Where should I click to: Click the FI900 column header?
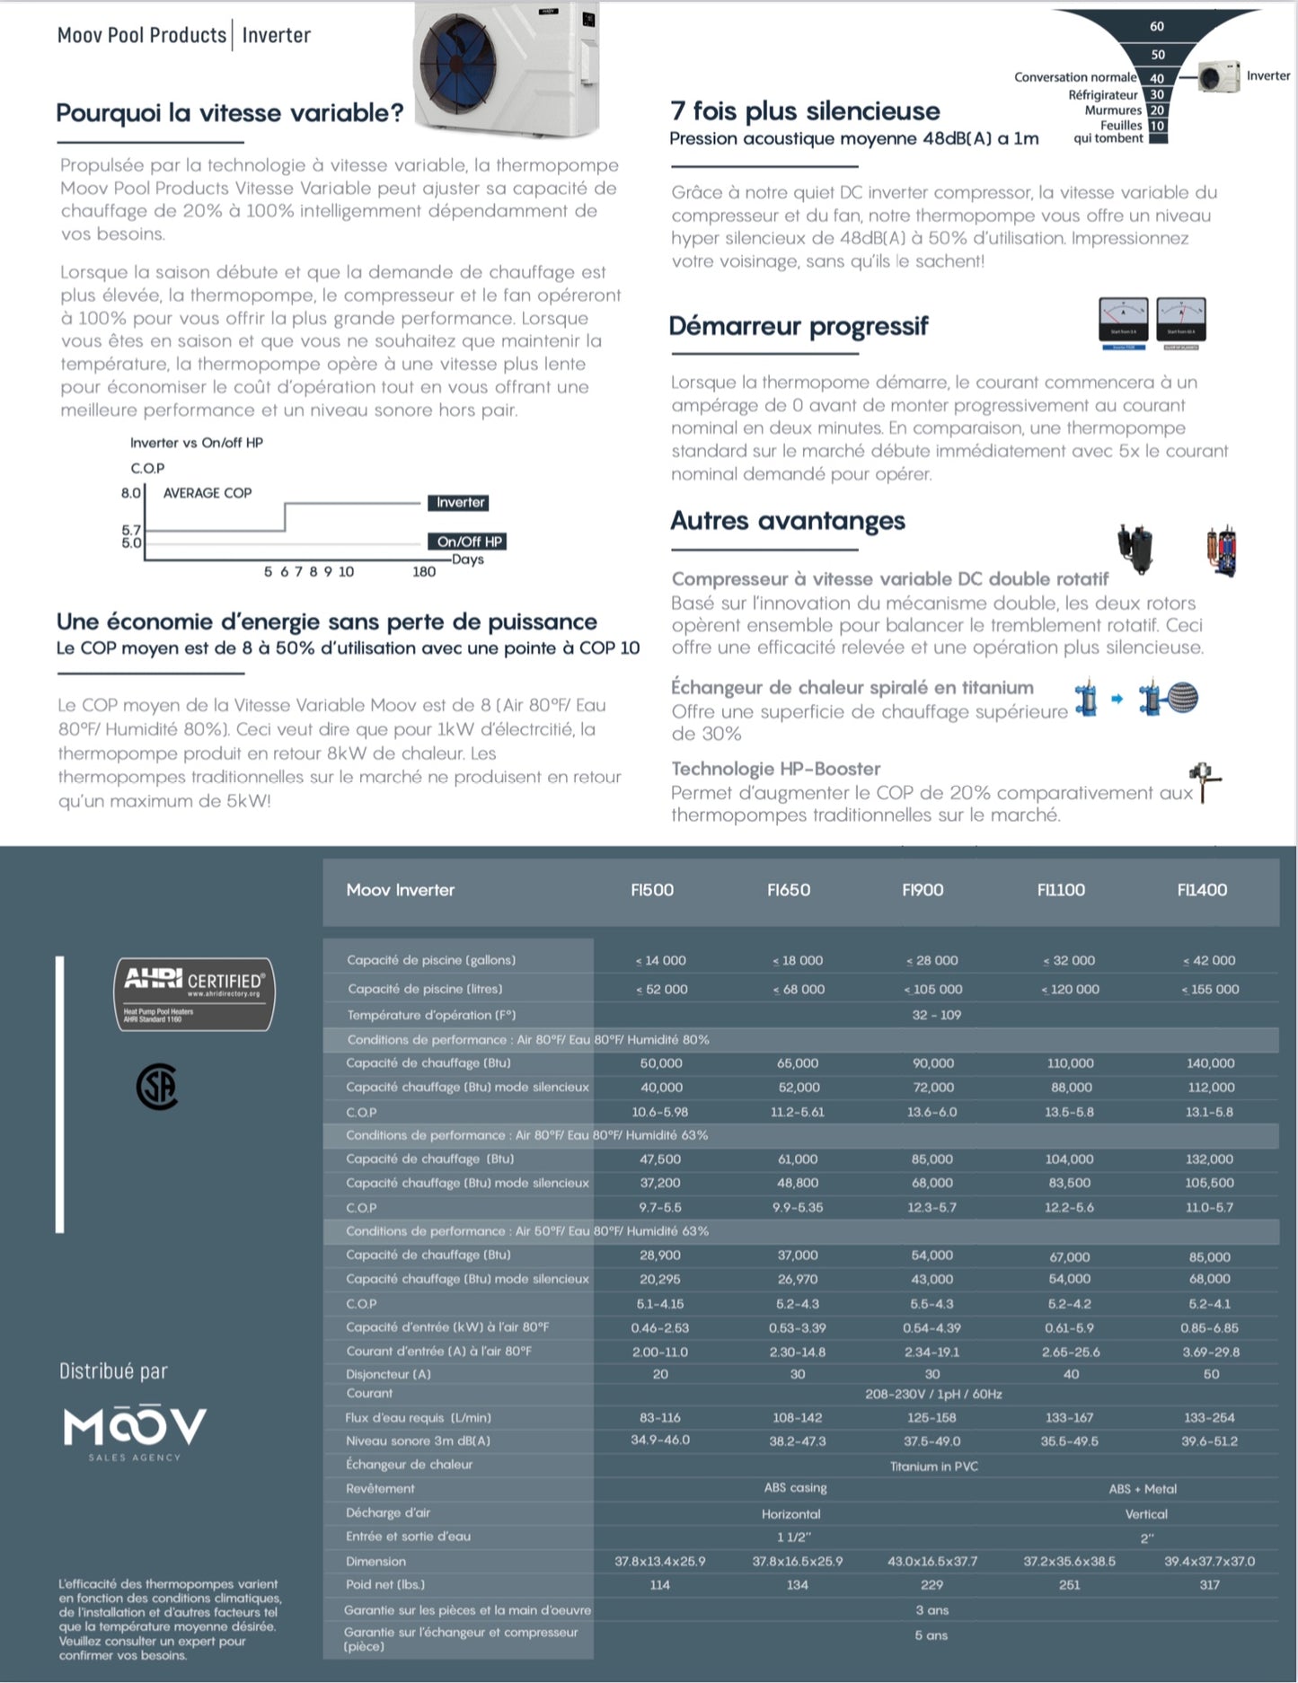point(923,890)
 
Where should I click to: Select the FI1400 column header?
point(1202,890)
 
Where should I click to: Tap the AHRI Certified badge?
point(194,993)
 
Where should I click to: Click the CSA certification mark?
point(157,1088)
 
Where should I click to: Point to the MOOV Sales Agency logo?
point(135,1429)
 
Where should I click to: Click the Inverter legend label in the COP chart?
point(460,503)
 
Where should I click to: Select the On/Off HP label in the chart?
point(469,542)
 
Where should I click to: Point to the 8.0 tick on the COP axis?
point(131,493)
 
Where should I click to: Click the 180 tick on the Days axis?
point(424,571)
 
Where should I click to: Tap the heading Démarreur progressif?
point(799,326)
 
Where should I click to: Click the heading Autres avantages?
point(788,521)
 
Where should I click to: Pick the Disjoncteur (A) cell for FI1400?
point(1211,1374)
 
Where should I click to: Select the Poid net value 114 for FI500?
point(660,1585)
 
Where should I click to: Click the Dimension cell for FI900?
point(932,1561)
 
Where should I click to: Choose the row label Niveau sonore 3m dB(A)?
point(418,1441)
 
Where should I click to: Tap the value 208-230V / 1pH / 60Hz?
point(933,1394)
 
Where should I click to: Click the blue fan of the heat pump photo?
point(458,65)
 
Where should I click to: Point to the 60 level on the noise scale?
point(1157,27)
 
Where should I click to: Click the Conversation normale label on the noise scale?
point(1075,77)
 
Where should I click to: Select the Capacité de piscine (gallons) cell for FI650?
point(798,960)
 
